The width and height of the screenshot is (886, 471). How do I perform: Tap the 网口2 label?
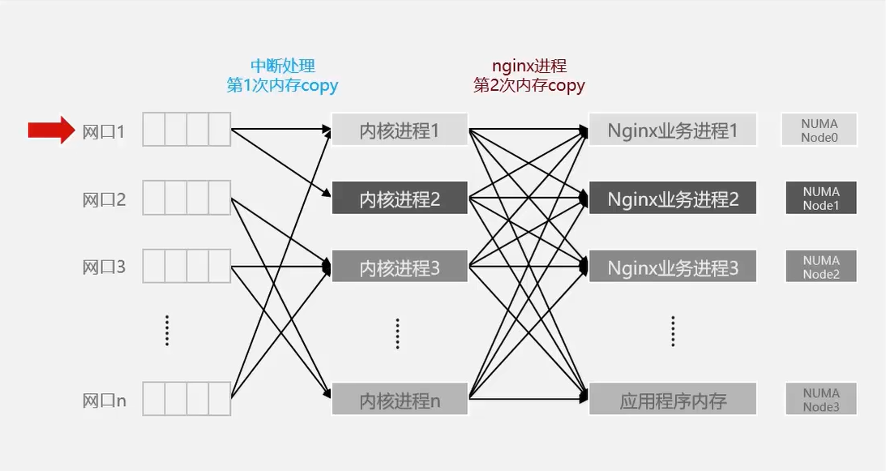[x=105, y=199]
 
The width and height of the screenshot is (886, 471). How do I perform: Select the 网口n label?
[x=105, y=400]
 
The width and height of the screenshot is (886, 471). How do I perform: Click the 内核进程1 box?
[x=400, y=130]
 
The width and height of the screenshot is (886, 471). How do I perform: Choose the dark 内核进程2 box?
[x=400, y=199]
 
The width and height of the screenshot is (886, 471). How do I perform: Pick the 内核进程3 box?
[x=400, y=267]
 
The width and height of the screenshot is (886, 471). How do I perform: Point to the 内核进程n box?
[x=400, y=400]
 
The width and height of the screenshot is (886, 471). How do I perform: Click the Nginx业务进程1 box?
[x=673, y=130]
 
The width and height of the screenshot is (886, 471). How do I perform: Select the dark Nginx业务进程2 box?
[x=673, y=199]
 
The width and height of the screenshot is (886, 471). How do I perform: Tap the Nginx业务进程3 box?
[x=673, y=267]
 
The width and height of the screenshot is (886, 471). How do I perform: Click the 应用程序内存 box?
[x=673, y=400]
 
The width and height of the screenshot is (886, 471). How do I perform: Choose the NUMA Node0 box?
[x=820, y=131]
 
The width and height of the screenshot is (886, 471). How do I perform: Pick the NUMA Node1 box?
[x=820, y=199]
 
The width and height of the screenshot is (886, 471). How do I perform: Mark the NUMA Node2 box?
[x=820, y=267]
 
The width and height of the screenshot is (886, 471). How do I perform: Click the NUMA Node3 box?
[x=820, y=400]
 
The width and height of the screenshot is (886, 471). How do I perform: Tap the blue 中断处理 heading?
[x=282, y=66]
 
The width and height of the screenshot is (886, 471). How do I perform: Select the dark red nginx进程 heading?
[x=529, y=66]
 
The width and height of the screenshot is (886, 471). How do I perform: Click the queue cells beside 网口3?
[x=186, y=267]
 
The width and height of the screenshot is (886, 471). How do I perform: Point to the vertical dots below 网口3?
[x=166, y=331]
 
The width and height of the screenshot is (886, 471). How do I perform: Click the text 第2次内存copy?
[x=529, y=85]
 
